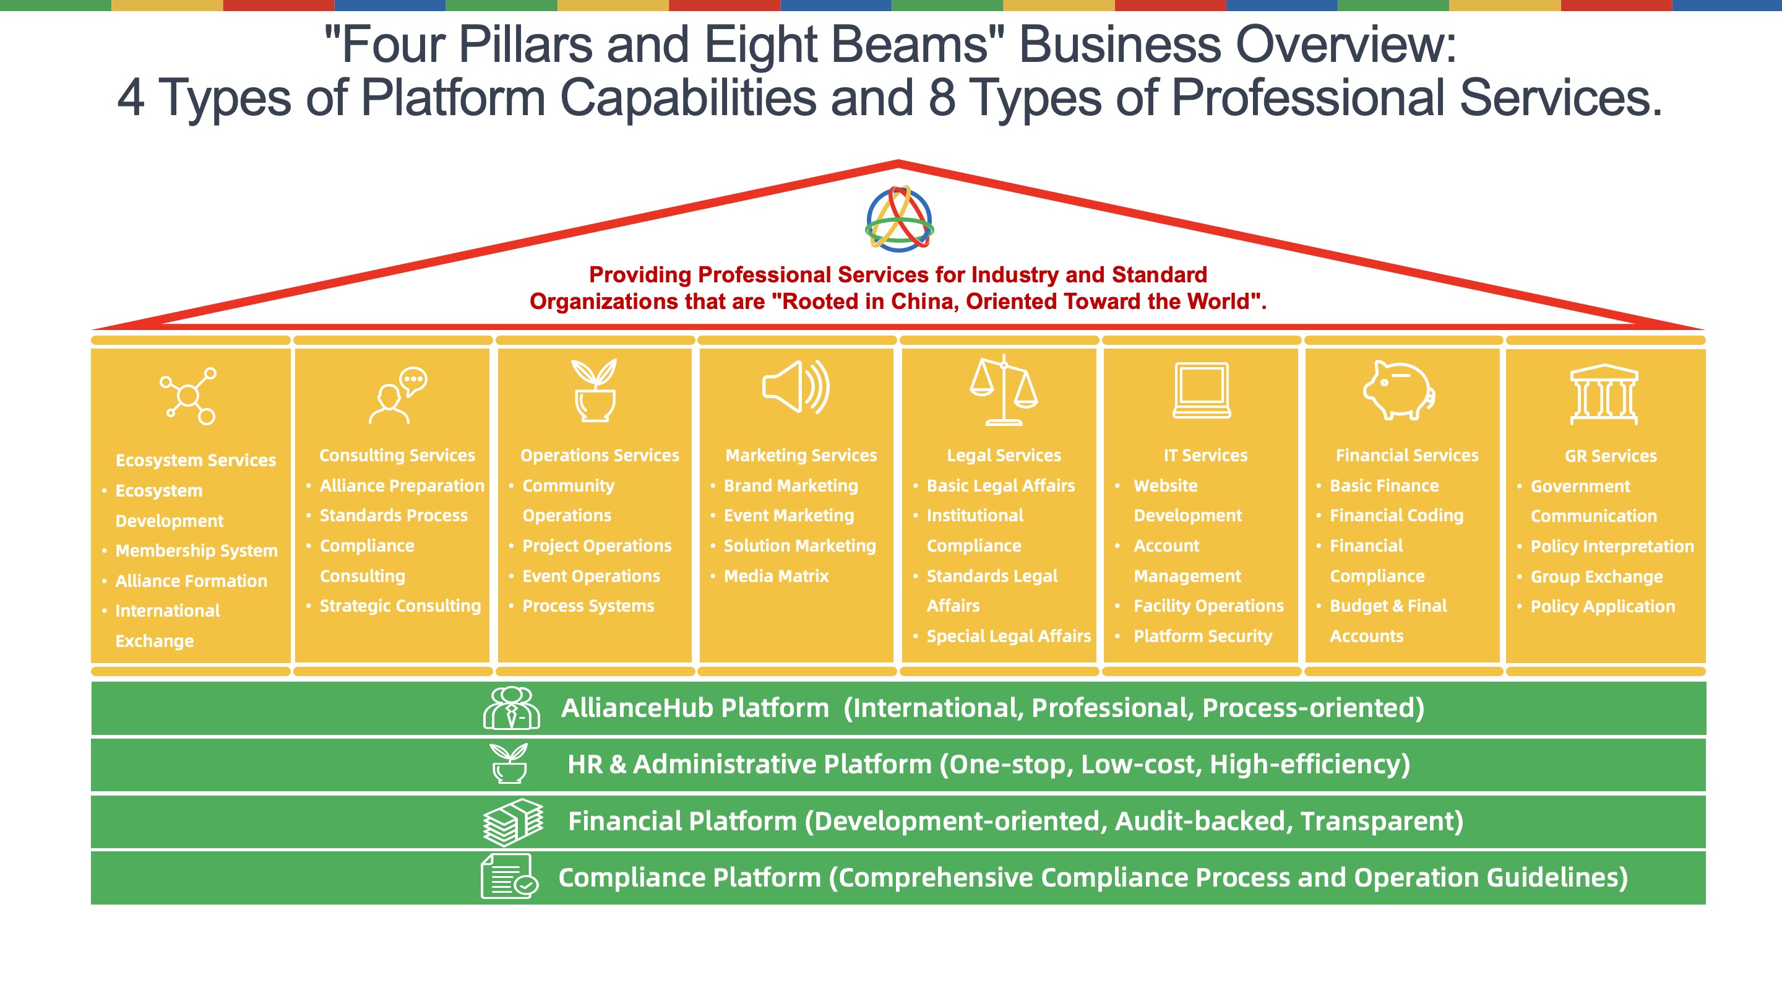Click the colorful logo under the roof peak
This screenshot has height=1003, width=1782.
click(x=899, y=218)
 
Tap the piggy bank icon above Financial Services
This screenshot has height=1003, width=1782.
click(x=1400, y=391)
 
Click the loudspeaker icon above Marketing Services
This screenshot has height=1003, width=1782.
click(x=796, y=388)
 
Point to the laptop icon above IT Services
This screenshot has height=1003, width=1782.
click(x=1202, y=391)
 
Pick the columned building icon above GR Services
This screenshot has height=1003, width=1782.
click(x=1604, y=394)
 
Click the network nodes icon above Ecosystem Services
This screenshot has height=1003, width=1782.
click(x=188, y=395)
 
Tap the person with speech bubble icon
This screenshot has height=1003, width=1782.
click(x=398, y=394)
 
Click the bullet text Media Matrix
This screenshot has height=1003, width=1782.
click(x=775, y=576)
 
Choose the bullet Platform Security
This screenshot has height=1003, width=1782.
click(x=1202, y=636)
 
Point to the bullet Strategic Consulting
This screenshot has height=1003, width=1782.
click(x=400, y=606)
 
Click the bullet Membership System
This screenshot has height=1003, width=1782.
click(x=197, y=551)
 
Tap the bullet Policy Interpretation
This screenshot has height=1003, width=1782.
click(x=1612, y=547)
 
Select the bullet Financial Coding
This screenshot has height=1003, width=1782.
click(x=1396, y=516)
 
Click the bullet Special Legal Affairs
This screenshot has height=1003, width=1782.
click(x=1009, y=636)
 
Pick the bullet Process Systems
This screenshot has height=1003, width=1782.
click(x=588, y=606)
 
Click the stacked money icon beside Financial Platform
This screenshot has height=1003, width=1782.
click(x=512, y=822)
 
